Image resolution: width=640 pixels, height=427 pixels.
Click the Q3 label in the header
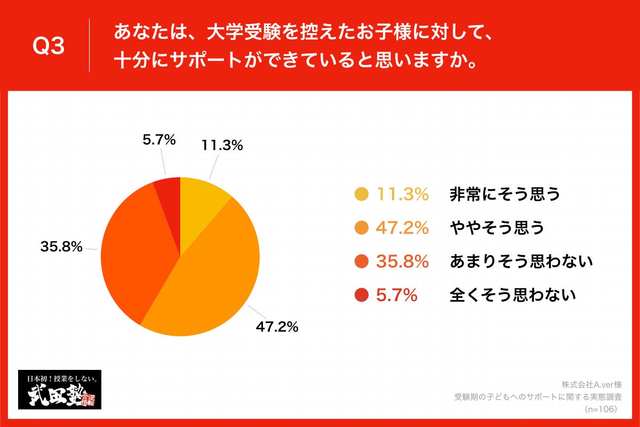point(49,47)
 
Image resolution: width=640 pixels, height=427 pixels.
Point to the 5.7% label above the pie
point(159,140)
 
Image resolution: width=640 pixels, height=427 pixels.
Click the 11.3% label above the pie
point(222,145)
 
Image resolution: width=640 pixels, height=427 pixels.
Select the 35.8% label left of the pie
point(61,247)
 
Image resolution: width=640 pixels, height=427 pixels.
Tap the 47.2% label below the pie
point(277,327)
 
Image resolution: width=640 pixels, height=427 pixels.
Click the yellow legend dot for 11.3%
point(361,195)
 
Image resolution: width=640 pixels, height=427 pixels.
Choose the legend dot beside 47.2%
point(361,228)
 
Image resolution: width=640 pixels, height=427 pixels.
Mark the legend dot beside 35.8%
point(361,262)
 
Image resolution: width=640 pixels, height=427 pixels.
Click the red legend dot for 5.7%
point(361,295)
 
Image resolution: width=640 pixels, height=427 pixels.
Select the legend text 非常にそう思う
point(505,195)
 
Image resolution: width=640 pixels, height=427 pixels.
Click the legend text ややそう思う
point(497,228)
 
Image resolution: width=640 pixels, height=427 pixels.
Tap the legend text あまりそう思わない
point(521,262)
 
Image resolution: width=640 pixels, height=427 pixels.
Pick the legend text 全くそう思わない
point(513,295)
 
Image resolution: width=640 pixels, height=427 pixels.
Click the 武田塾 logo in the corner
point(60,390)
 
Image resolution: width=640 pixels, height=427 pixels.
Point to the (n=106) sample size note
point(601,409)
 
